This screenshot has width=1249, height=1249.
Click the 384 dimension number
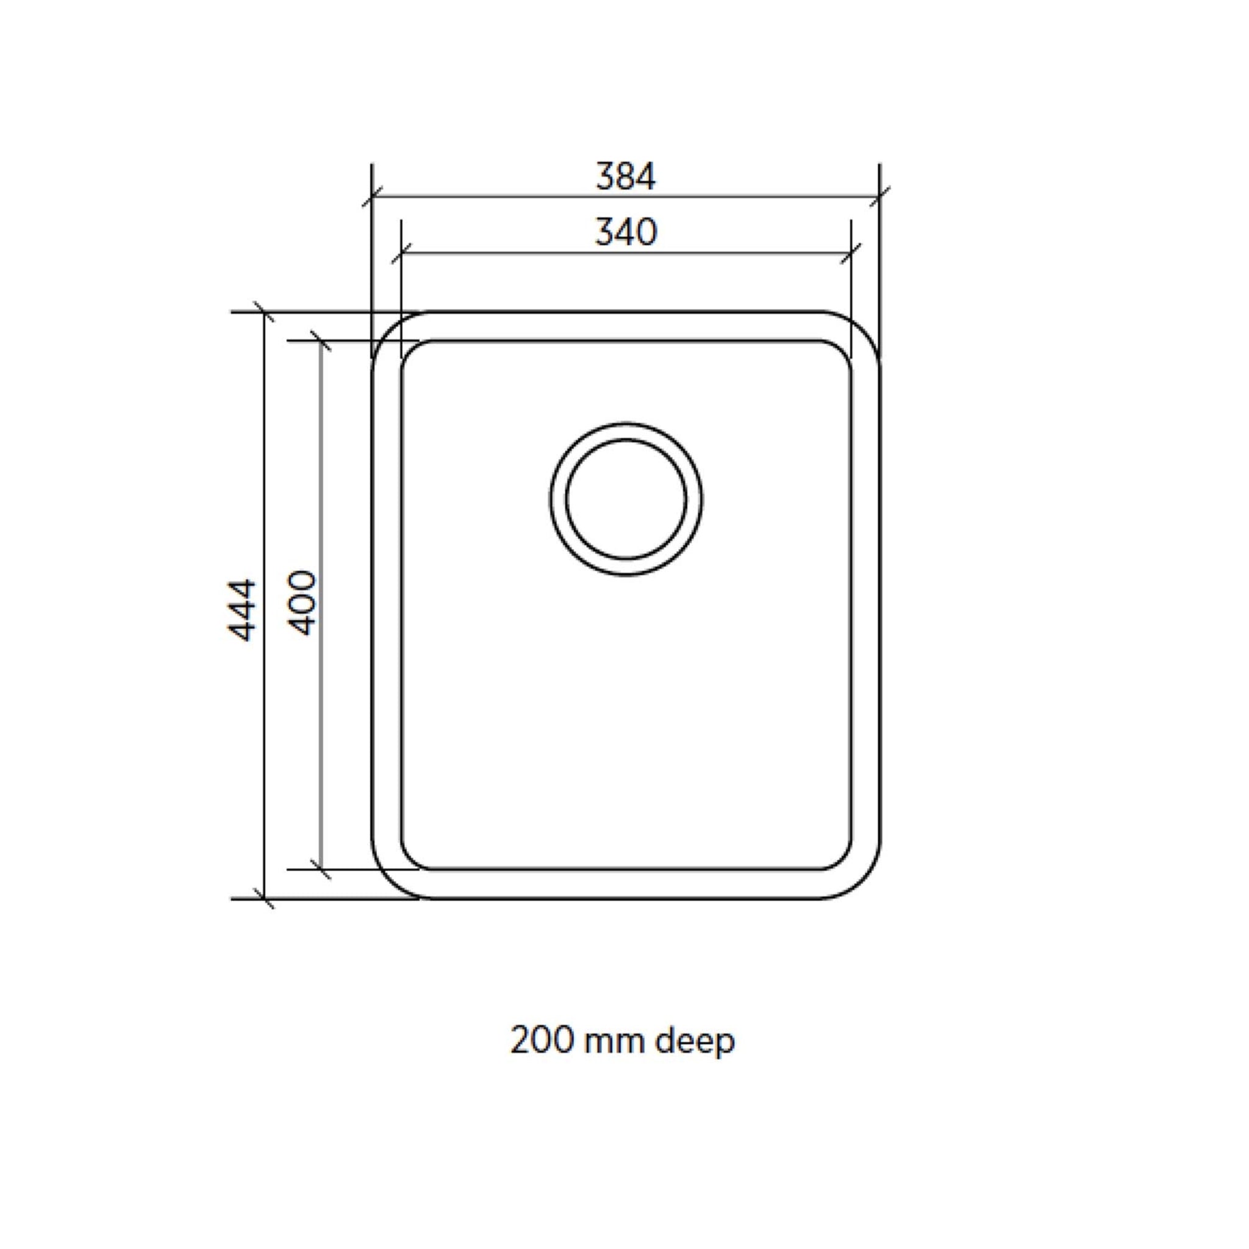625,176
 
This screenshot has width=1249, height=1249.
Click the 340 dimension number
625,232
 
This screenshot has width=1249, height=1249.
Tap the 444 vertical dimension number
243,610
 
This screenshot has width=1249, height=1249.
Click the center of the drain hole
626,498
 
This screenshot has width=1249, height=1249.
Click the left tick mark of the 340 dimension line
401,254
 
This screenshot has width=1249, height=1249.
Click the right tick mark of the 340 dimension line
851,254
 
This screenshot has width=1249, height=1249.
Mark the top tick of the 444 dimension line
263,312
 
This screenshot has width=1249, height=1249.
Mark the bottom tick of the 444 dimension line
263,898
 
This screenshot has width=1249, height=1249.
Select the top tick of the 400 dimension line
321,341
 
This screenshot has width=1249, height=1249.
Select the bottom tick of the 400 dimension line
321,870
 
